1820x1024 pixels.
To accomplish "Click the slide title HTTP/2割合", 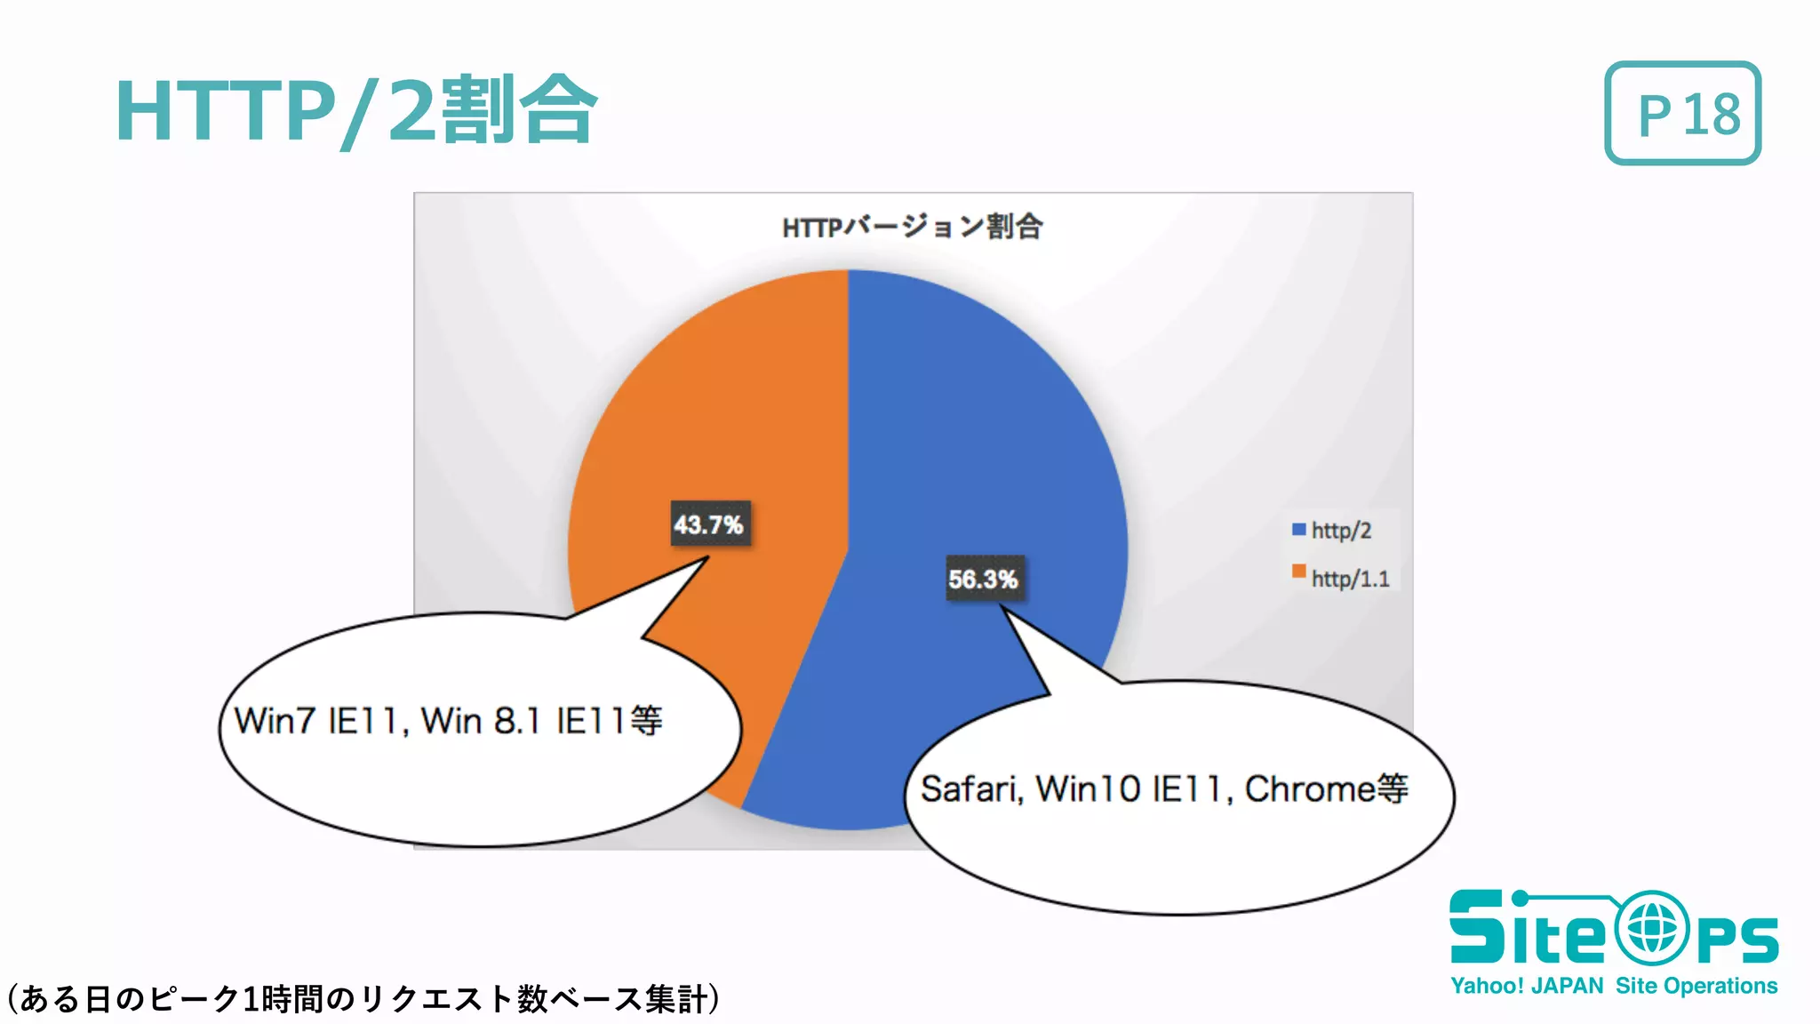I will [x=355, y=110].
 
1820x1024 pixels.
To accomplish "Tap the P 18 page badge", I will [x=1682, y=113].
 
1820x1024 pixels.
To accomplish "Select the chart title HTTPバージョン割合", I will [x=912, y=227].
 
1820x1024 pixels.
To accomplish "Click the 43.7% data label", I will [x=708, y=524].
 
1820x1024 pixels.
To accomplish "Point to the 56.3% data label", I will [x=982, y=580].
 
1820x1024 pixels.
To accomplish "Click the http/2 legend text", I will [x=1341, y=531].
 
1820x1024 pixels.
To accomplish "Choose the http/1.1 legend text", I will [x=1350, y=579].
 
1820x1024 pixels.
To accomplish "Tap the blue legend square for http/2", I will [x=1298, y=530].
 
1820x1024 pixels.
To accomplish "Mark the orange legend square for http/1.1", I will [x=1298, y=571].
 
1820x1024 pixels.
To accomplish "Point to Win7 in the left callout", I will [x=274, y=721].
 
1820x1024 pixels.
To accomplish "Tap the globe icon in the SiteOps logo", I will [x=1652, y=929].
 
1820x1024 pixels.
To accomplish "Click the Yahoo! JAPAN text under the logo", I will [x=1527, y=986].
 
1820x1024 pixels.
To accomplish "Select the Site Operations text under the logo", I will [x=1696, y=986].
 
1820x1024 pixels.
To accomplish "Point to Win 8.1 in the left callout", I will [x=480, y=721].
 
